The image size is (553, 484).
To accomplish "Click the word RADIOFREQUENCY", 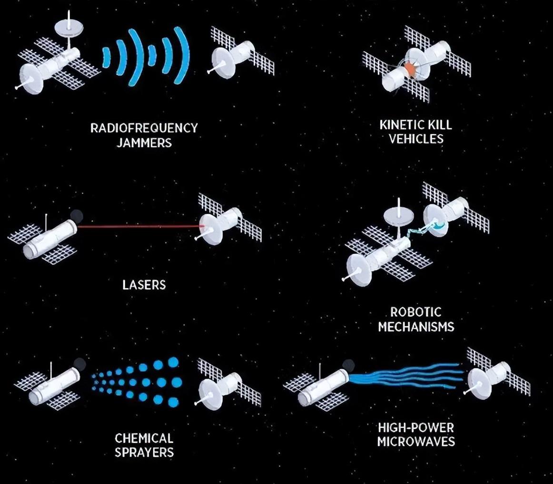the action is click(144, 127).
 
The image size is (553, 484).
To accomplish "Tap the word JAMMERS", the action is click(144, 143).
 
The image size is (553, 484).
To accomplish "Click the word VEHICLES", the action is click(416, 139).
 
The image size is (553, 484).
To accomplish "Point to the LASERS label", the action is click(144, 285).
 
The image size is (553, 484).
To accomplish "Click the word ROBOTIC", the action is click(416, 312).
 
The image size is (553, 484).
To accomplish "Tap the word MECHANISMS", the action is click(416, 327).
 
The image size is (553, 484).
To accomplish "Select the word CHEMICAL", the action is click(144, 438).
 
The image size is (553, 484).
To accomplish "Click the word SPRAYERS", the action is click(144, 452).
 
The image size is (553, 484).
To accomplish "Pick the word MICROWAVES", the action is click(416, 442).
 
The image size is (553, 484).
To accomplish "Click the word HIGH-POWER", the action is click(416, 427).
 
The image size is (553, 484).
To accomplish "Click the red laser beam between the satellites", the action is click(140, 226).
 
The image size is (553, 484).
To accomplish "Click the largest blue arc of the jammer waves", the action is click(182, 55).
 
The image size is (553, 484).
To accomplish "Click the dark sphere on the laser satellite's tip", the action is click(77, 215).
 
